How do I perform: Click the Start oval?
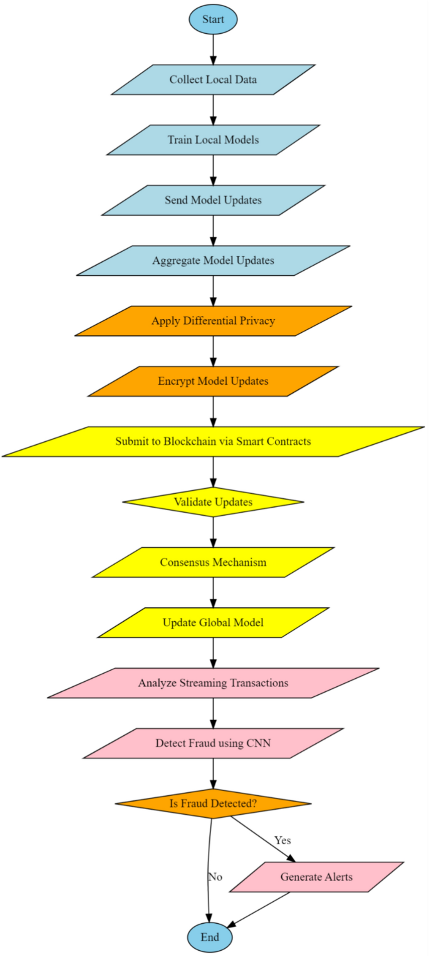[x=213, y=20]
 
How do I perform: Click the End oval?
[x=210, y=938]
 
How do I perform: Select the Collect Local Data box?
[x=213, y=80]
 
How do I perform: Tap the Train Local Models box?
[x=213, y=140]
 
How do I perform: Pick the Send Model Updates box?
[x=213, y=201]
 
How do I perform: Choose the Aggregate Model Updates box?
[x=213, y=261]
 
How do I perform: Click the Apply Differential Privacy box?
[x=213, y=321]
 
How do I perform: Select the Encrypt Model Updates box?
[x=213, y=381]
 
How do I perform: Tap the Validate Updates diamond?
[x=213, y=502]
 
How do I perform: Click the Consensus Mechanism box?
[x=213, y=562]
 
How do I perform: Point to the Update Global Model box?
[x=213, y=622]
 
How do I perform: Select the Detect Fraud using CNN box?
[x=213, y=743]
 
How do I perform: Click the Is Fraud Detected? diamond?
[x=213, y=803]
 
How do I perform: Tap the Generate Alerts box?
[x=316, y=877]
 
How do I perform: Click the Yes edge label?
[x=282, y=840]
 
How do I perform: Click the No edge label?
[x=215, y=877]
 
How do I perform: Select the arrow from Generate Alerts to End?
[x=258, y=910]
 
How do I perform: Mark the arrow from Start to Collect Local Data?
[x=213, y=50]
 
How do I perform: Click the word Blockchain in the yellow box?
[x=186, y=442]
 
